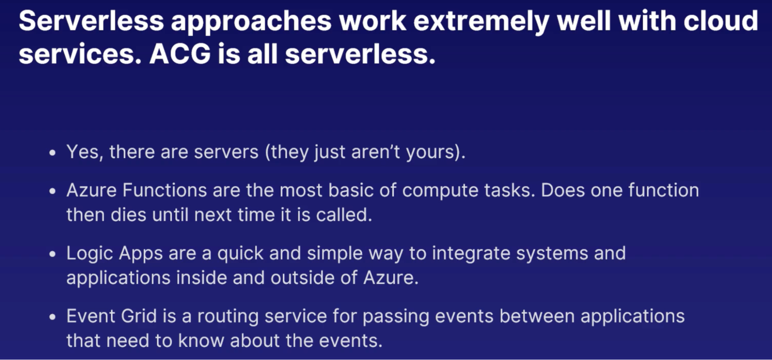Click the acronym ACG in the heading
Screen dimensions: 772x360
point(180,54)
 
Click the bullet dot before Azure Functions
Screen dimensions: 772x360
point(53,191)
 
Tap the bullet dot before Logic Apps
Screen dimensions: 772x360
point(53,254)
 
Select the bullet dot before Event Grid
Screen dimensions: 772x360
point(53,317)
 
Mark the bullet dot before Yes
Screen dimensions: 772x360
point(53,153)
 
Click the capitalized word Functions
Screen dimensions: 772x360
point(165,190)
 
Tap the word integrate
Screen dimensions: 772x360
point(471,254)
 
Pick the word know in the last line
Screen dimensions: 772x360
point(201,340)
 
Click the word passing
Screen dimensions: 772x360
point(396,317)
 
